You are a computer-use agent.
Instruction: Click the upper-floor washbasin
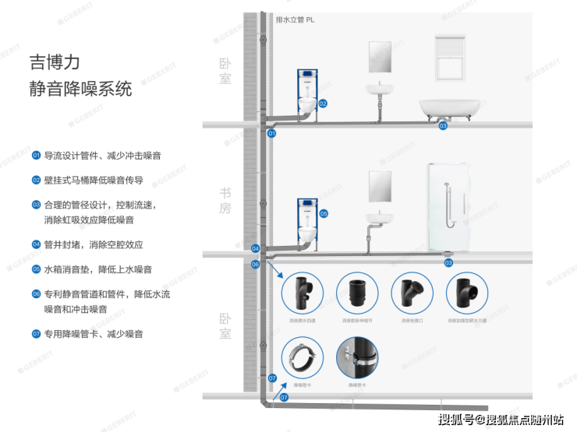(x=380, y=90)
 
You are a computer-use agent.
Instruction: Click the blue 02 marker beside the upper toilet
(x=322, y=103)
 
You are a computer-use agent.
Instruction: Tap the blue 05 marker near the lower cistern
(x=324, y=212)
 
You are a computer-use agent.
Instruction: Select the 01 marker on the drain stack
(x=272, y=134)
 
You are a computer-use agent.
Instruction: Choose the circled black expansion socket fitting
(x=358, y=293)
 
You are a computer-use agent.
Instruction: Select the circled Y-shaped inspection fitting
(x=412, y=293)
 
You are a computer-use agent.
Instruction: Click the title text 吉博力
(x=55, y=61)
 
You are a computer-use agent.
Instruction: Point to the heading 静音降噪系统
(x=80, y=88)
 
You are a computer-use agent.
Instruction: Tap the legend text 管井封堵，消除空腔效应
(x=94, y=244)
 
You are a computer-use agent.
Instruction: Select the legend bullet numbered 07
(x=36, y=334)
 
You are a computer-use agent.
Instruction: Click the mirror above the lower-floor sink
(x=380, y=184)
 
